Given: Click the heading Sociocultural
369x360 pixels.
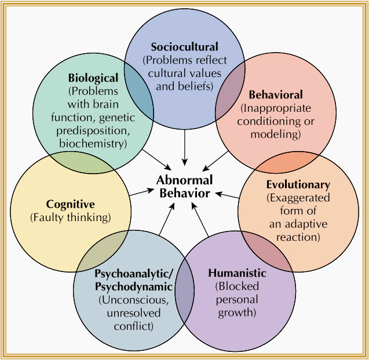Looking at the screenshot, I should (x=184, y=47).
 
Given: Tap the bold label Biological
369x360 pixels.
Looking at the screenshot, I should (x=93, y=78).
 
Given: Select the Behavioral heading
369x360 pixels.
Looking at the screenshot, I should (x=276, y=94).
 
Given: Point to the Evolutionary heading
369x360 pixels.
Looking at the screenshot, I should (x=298, y=185).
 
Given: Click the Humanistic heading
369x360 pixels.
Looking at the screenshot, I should (x=237, y=273).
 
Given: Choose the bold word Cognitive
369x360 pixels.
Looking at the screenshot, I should (x=70, y=204).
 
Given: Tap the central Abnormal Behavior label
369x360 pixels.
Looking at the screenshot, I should (x=184, y=186).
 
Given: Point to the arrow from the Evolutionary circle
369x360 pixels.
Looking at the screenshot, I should (x=228, y=195).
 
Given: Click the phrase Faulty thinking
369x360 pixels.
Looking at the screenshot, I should (x=70, y=217).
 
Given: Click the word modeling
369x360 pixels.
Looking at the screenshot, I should (x=276, y=134).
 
